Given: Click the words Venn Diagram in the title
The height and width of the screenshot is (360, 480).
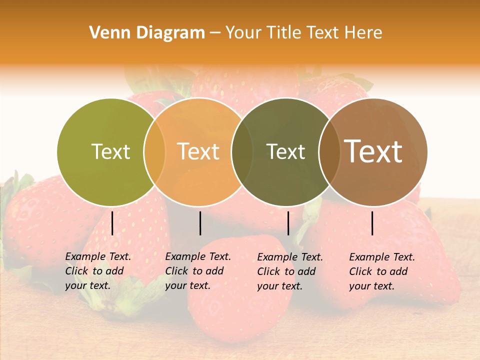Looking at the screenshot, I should click(x=147, y=33).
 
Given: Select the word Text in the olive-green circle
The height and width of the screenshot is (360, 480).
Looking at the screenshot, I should click(x=110, y=151).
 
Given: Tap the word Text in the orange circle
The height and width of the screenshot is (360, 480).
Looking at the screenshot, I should click(x=198, y=151).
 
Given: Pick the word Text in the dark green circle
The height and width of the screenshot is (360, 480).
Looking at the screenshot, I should click(x=285, y=151).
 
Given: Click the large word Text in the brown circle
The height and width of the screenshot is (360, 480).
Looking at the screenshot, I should click(x=373, y=151).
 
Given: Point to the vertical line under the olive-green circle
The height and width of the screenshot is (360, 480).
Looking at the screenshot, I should click(x=112, y=223).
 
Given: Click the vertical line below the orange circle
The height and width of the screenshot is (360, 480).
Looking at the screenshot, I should click(x=200, y=223).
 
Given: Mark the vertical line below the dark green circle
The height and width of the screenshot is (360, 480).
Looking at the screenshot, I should click(x=288, y=223).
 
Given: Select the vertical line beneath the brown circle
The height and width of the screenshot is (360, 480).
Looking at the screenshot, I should click(x=372, y=223).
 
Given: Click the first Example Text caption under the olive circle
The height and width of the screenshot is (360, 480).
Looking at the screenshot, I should click(x=98, y=271).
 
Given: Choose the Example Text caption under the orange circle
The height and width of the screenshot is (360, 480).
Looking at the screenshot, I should click(x=198, y=271).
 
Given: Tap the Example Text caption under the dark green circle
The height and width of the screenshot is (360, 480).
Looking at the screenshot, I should click(x=290, y=271).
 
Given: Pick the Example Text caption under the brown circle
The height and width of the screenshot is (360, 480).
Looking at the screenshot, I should click(x=382, y=271).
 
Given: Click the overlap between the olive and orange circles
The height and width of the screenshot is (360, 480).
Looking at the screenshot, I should click(x=154, y=151).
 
